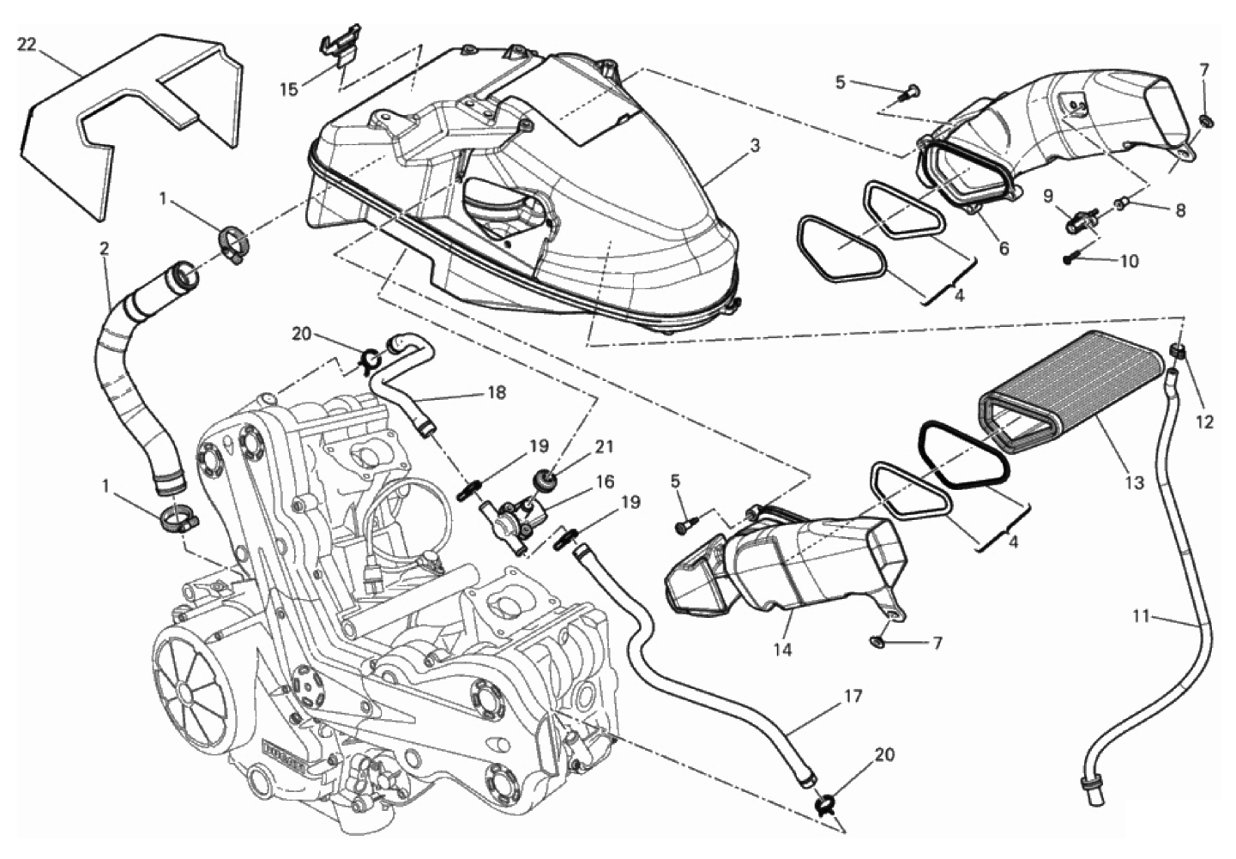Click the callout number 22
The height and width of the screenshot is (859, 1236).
[x=27, y=45]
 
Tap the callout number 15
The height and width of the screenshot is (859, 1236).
[x=290, y=88]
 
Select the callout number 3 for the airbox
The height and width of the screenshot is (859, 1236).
[x=754, y=147]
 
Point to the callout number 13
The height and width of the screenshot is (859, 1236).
[x=1134, y=483]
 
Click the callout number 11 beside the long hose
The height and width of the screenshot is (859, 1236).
[x=1141, y=615]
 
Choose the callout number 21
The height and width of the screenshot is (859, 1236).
[x=605, y=446]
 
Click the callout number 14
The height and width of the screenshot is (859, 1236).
[x=782, y=650]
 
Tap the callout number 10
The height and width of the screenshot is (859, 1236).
[x=1129, y=261]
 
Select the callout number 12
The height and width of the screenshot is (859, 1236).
[x=1204, y=422]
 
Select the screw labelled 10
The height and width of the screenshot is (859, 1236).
[x=1071, y=256]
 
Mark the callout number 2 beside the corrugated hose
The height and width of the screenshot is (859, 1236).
[x=104, y=249]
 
